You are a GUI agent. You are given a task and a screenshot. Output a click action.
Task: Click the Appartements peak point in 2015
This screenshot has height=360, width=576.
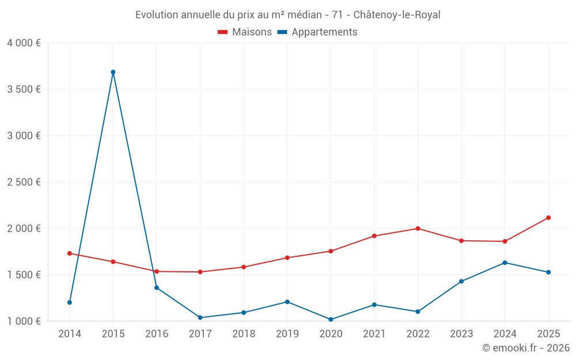click(x=113, y=72)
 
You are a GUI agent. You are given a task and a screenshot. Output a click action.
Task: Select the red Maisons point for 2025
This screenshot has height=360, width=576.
click(x=548, y=218)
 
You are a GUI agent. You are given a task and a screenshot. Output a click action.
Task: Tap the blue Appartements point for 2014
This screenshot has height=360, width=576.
click(x=70, y=302)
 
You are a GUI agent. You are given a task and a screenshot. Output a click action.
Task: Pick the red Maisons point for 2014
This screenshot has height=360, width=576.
click(x=70, y=253)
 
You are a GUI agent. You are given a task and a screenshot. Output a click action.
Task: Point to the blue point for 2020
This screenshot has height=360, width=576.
click(x=331, y=320)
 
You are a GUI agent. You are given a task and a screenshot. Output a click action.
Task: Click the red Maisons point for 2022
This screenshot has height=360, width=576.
click(x=418, y=229)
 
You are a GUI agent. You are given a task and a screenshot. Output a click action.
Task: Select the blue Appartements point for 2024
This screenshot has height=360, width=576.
click(x=505, y=263)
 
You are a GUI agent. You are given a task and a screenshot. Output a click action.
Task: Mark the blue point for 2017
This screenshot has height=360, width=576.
click(x=200, y=317)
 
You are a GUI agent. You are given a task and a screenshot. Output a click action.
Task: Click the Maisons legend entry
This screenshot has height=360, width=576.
click(x=245, y=32)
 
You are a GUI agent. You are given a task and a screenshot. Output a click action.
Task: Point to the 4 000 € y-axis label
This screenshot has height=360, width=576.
click(x=24, y=43)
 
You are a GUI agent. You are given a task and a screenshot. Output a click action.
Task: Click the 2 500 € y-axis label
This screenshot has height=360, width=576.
click(x=24, y=182)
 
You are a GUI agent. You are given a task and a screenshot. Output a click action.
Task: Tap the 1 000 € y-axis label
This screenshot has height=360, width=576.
click(x=24, y=321)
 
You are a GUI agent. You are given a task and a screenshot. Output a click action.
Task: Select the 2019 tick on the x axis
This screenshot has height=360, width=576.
click(x=287, y=334)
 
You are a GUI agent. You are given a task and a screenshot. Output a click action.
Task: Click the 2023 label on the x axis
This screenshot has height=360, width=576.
click(x=461, y=334)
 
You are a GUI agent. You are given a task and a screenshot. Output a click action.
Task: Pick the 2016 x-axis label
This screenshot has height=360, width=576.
click(x=157, y=334)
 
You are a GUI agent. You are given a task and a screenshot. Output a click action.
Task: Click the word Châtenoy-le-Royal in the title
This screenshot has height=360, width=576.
click(x=397, y=15)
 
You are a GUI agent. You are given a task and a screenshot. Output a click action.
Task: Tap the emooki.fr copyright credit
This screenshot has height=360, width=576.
click(x=525, y=348)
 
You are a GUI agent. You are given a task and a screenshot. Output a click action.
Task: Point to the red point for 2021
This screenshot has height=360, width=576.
click(x=374, y=236)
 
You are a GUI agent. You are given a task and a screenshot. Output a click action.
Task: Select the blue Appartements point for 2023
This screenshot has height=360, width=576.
click(x=461, y=281)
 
